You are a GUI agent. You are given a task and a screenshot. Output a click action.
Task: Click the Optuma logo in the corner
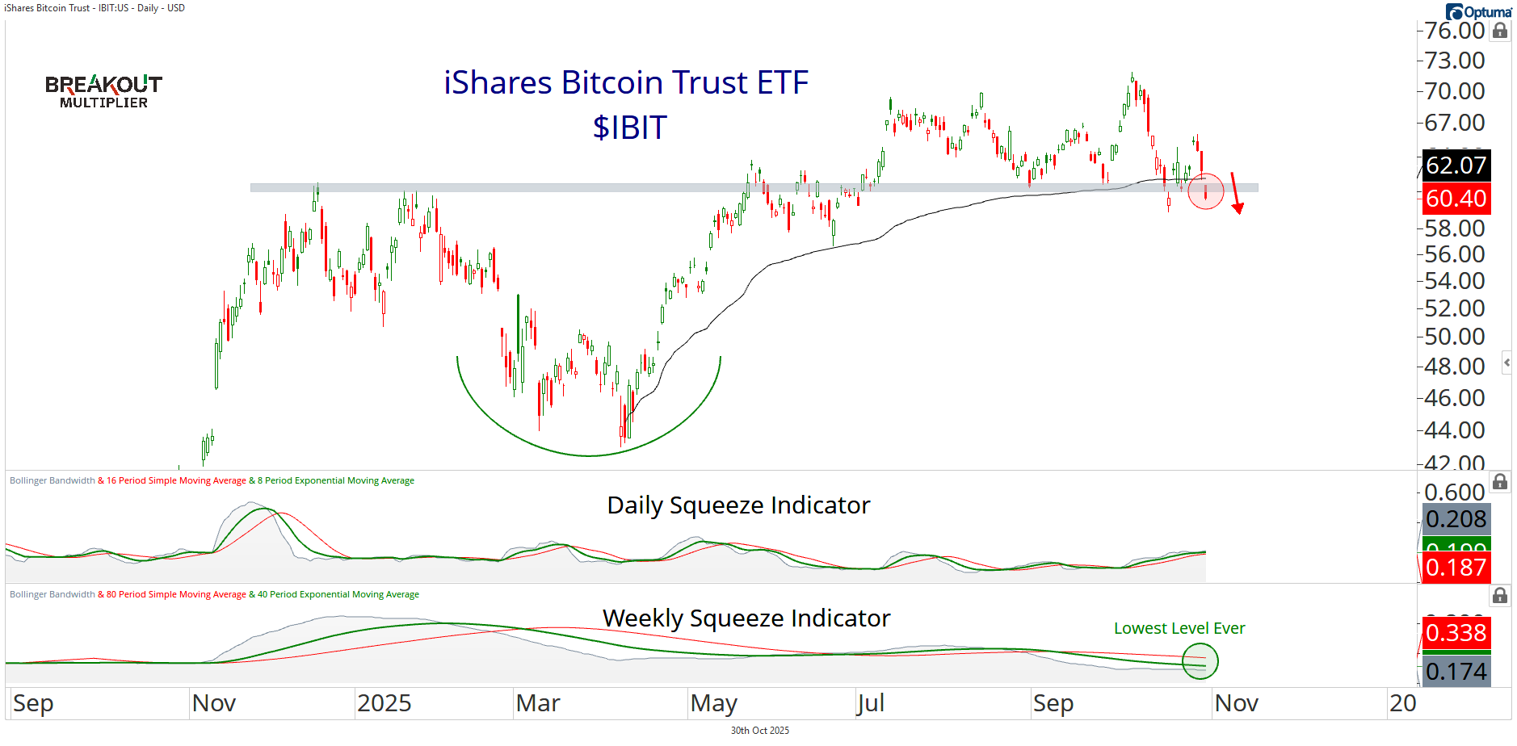coord(1478,12)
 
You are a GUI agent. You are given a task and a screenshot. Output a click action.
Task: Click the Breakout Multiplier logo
coord(103,91)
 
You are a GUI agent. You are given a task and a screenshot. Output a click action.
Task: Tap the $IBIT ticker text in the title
coord(630,128)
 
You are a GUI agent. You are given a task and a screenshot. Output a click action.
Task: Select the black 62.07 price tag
coord(1456,166)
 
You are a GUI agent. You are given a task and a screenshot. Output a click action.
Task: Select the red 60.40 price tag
coord(1456,199)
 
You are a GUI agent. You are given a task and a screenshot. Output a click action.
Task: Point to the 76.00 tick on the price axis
coord(1454,31)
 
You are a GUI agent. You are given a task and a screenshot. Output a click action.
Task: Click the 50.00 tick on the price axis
coord(1454,336)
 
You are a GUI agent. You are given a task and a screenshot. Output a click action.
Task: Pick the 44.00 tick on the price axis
coord(1454,430)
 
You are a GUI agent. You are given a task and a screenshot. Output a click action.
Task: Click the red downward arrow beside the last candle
coord(1235,194)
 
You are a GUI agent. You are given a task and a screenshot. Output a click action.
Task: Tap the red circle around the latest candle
coord(1205,191)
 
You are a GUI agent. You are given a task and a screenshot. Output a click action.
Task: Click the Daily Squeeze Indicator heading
coord(738,505)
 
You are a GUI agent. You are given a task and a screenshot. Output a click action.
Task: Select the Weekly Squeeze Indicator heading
coord(746,618)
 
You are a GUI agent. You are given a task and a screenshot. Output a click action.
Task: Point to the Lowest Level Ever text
coord(1179,628)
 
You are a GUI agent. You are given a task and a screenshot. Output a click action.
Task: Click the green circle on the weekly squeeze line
coord(1200,661)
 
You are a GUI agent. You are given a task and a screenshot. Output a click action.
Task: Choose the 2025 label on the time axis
coord(384,703)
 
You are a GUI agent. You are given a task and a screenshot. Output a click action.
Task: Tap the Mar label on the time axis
coord(538,703)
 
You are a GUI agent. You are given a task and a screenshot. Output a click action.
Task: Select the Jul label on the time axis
coord(871,703)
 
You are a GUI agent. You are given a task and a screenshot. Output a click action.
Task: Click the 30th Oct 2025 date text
coord(759,731)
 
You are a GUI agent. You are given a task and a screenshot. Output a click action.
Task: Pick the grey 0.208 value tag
coord(1456,519)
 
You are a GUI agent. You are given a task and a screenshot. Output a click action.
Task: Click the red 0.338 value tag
coord(1456,633)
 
